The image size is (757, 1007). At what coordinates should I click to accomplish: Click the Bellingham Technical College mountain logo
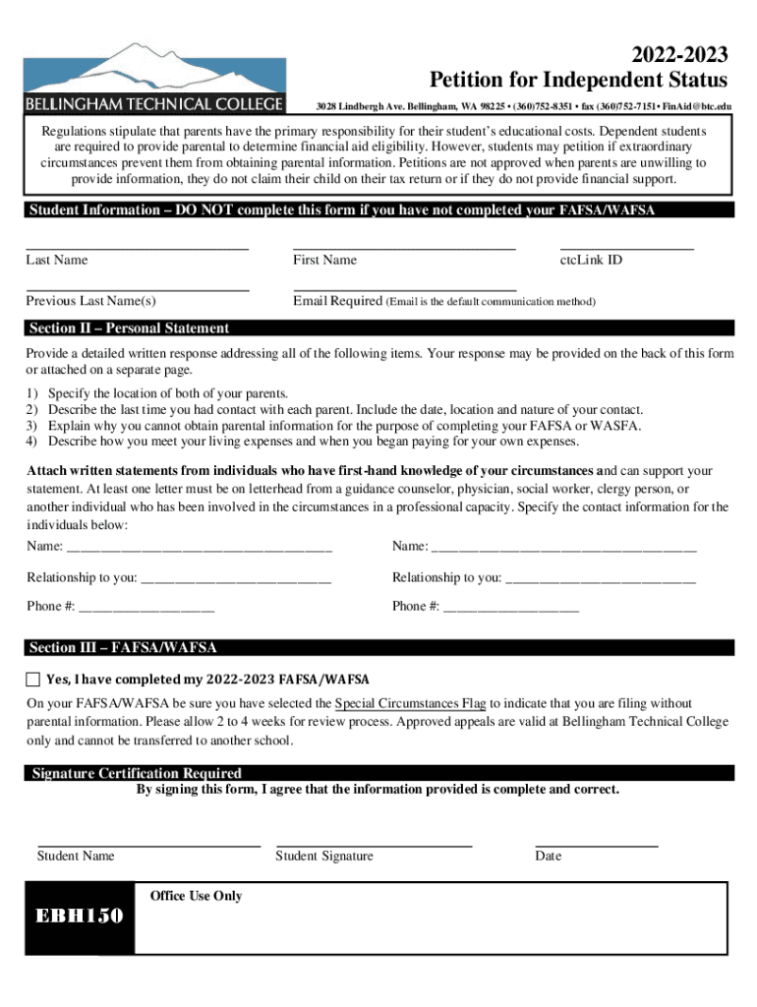pyautogui.click(x=154, y=77)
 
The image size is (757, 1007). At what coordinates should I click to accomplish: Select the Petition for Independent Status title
pyautogui.click(x=578, y=80)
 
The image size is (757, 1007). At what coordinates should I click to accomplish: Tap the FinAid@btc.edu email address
pyautogui.click(x=697, y=105)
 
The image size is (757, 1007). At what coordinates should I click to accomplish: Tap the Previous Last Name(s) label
pyautogui.click(x=90, y=301)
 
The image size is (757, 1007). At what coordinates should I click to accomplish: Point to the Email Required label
pyautogui.click(x=337, y=301)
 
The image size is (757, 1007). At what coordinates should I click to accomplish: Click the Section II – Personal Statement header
pyautogui.click(x=129, y=328)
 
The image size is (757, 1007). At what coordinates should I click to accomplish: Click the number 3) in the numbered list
pyautogui.click(x=32, y=425)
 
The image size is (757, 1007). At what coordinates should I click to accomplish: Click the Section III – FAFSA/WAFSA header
pyautogui.click(x=123, y=647)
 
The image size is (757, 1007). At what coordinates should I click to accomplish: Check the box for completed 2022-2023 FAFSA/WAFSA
pyautogui.click(x=33, y=680)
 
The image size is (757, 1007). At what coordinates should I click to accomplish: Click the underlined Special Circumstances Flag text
pyautogui.click(x=410, y=703)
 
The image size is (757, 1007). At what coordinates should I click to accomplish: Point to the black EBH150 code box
pyautogui.click(x=80, y=918)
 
